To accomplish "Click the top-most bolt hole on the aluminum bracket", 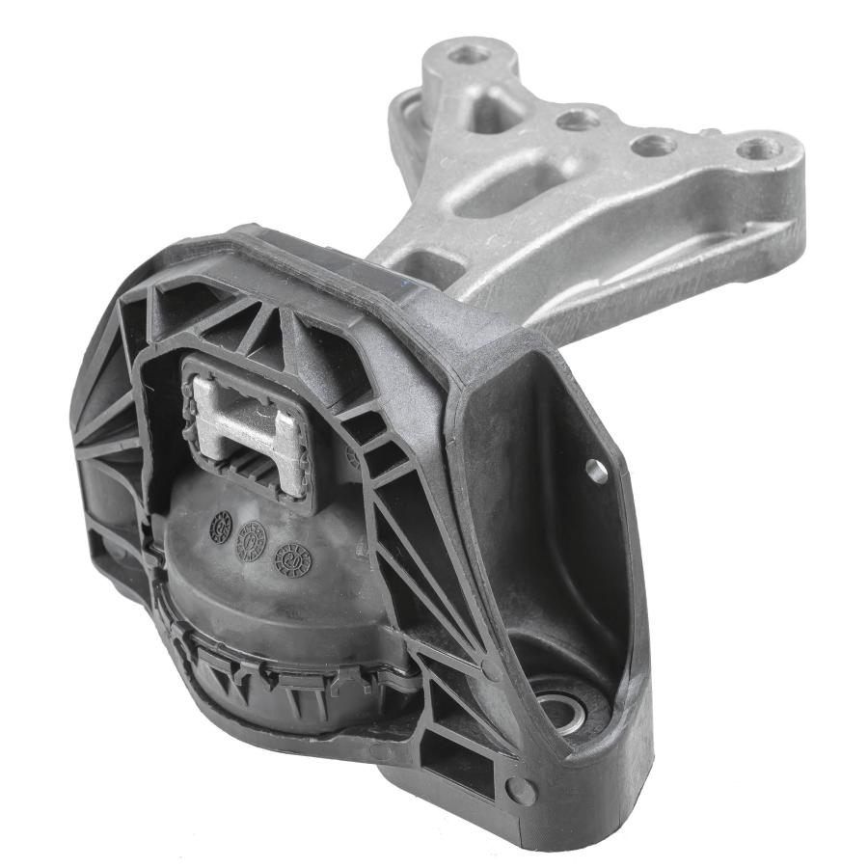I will coord(470,54).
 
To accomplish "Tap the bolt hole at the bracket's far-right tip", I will coord(759,149).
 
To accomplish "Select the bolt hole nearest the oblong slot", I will coord(578,120).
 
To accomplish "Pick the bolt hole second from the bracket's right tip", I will coord(654,146).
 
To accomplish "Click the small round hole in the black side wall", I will coord(597,471).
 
